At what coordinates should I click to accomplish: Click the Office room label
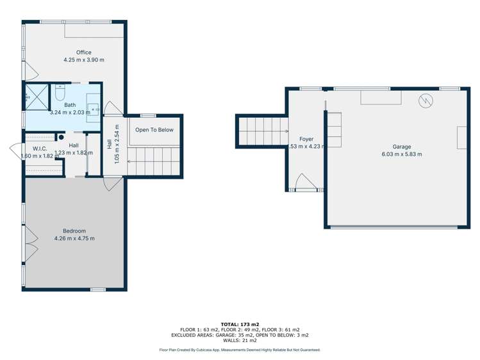(x=83, y=53)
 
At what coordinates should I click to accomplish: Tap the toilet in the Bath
(x=61, y=94)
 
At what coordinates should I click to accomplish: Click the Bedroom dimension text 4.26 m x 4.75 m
(x=74, y=239)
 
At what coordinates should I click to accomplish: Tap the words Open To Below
(x=154, y=130)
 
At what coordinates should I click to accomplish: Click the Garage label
(x=402, y=147)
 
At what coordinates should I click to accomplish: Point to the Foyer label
(x=306, y=139)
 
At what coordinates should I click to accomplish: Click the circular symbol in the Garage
(x=426, y=101)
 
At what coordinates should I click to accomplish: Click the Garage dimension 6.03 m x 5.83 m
(x=402, y=154)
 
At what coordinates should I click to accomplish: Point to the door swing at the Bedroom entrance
(x=111, y=184)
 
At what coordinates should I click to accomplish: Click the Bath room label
(x=70, y=105)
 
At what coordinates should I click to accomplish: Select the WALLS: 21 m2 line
(x=239, y=340)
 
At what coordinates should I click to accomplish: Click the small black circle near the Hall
(x=62, y=136)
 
